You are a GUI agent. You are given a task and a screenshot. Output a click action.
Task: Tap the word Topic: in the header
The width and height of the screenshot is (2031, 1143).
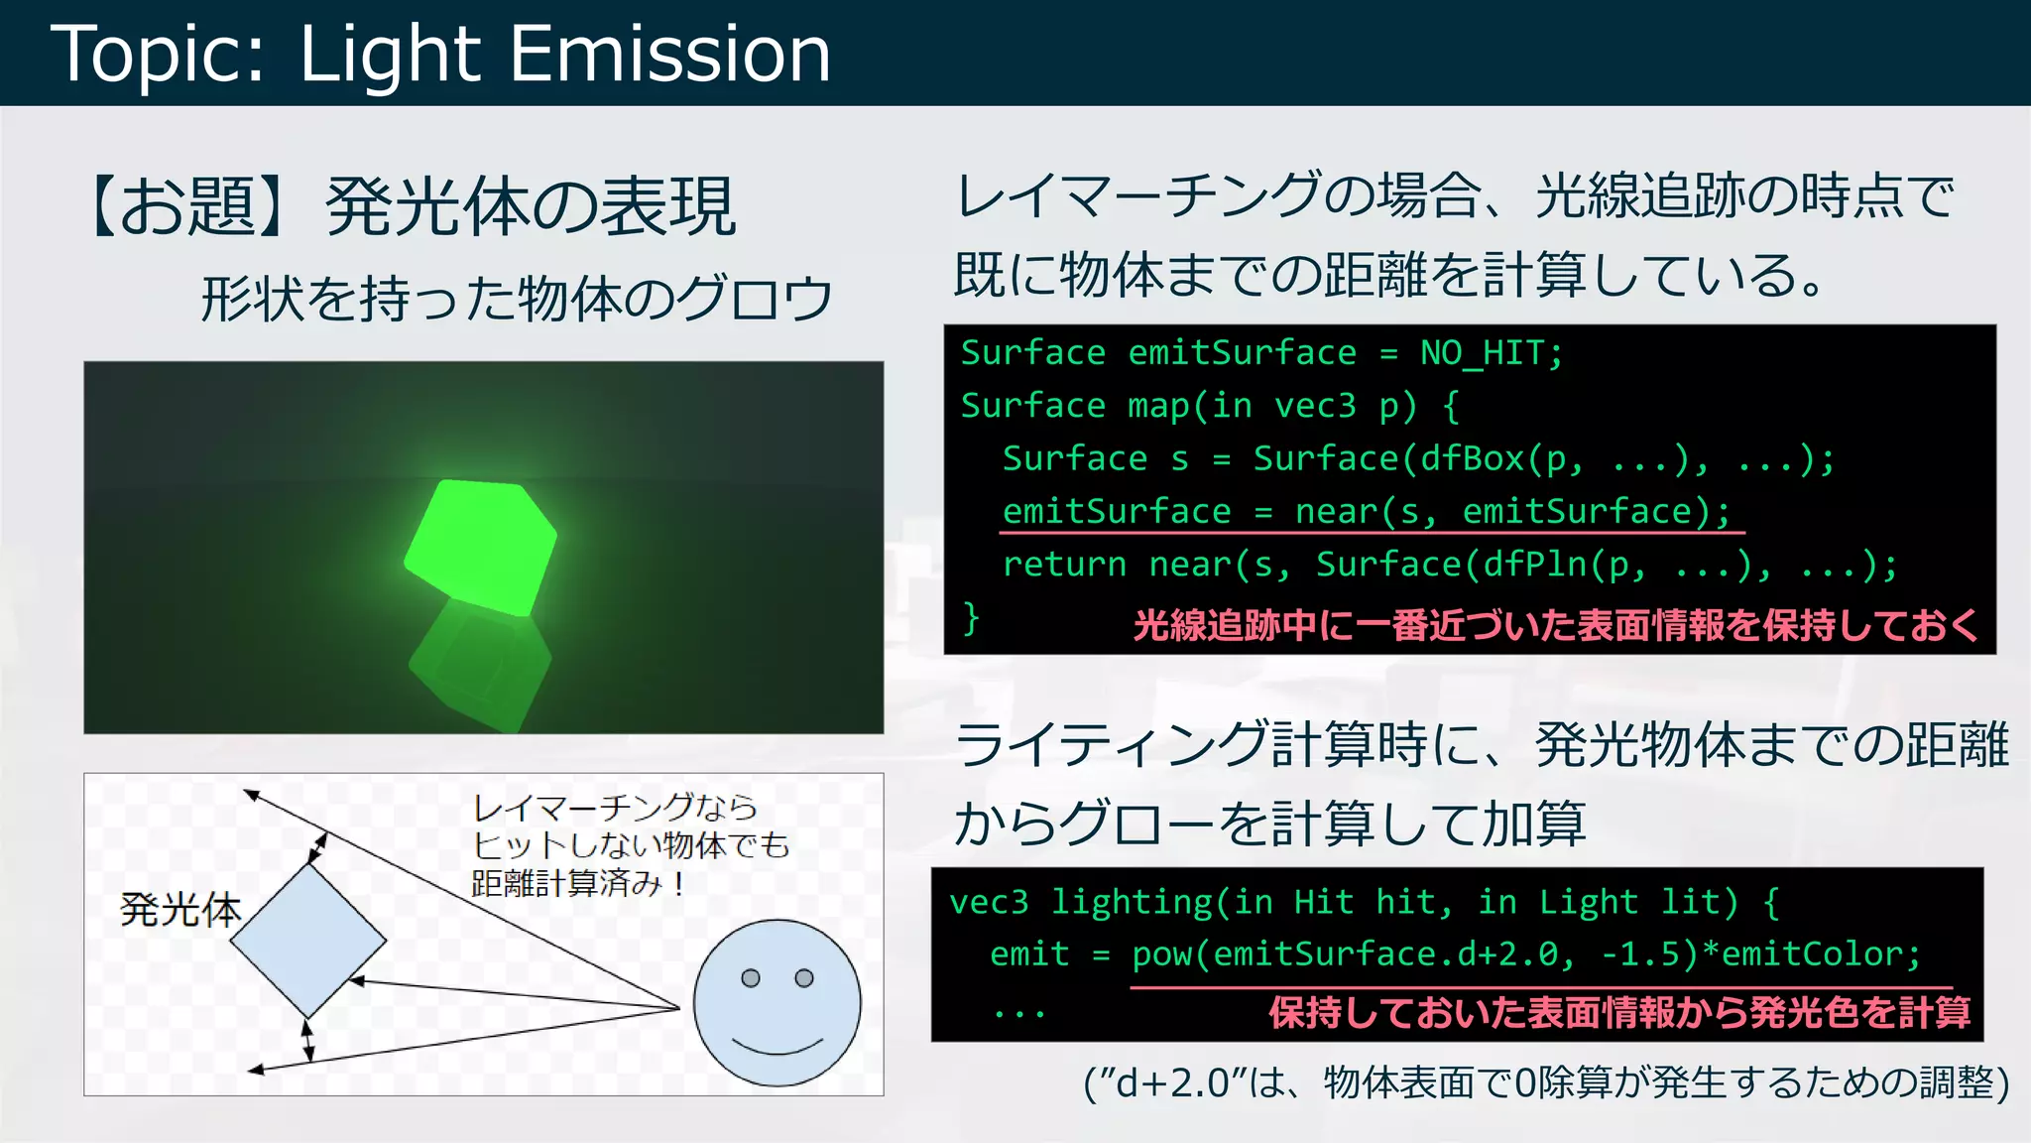tap(159, 56)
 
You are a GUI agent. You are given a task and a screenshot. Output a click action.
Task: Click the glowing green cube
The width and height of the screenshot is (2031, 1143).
tap(481, 546)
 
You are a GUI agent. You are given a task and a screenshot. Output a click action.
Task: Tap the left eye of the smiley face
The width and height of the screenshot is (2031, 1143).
tap(751, 978)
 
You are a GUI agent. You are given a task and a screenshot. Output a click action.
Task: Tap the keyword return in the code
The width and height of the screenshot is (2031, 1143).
tap(1064, 565)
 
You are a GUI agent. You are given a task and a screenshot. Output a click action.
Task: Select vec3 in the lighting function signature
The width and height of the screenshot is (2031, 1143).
tap(989, 902)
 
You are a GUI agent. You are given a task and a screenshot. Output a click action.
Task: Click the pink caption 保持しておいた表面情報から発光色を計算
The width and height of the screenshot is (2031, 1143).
tap(1618, 1013)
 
